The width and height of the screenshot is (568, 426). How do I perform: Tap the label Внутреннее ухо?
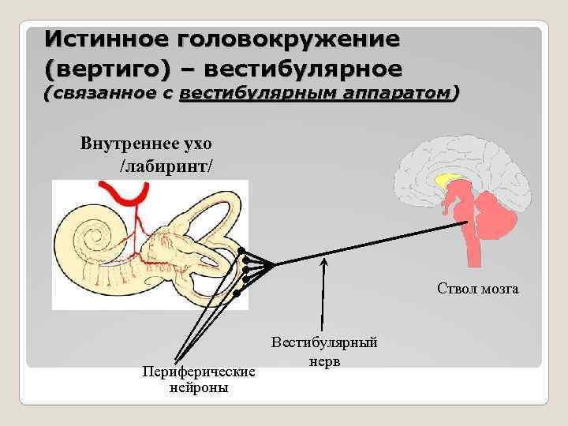coord(145,144)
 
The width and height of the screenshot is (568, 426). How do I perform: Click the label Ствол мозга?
coord(478,289)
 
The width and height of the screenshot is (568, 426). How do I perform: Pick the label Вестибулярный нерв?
coord(324,351)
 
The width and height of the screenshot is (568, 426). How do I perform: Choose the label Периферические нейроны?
coord(199,379)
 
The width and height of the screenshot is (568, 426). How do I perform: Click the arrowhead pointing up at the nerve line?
coord(323,260)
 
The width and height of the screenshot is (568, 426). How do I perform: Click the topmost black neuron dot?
coord(241,250)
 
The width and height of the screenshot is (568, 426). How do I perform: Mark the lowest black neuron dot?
coord(237,292)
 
